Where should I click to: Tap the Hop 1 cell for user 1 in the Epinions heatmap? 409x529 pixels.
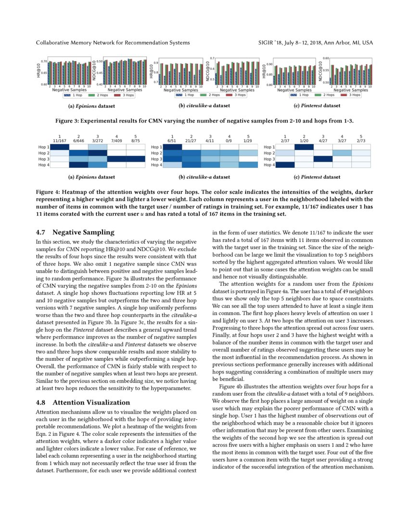pyautogui.click(x=59, y=147)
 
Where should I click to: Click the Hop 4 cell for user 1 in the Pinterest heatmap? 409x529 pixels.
pyautogui.click(x=285, y=164)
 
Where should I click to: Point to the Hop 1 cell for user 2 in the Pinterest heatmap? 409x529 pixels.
pyautogui.click(x=304, y=147)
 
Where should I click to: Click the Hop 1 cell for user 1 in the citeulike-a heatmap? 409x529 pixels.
pyautogui.click(x=172, y=147)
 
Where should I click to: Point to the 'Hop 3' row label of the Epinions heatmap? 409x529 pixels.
pyautogui.click(x=43, y=159)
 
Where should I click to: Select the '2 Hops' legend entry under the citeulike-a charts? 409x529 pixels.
pyautogui.click(x=211, y=95)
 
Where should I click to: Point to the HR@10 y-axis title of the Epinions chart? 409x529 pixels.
pyautogui.click(x=39, y=69)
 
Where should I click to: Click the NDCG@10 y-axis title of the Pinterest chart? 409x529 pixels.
pyautogui.click(x=320, y=69)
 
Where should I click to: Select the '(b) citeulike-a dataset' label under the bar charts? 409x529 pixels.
pyautogui.click(x=204, y=105)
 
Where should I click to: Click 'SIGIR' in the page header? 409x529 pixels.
pyautogui.click(x=266, y=43)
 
